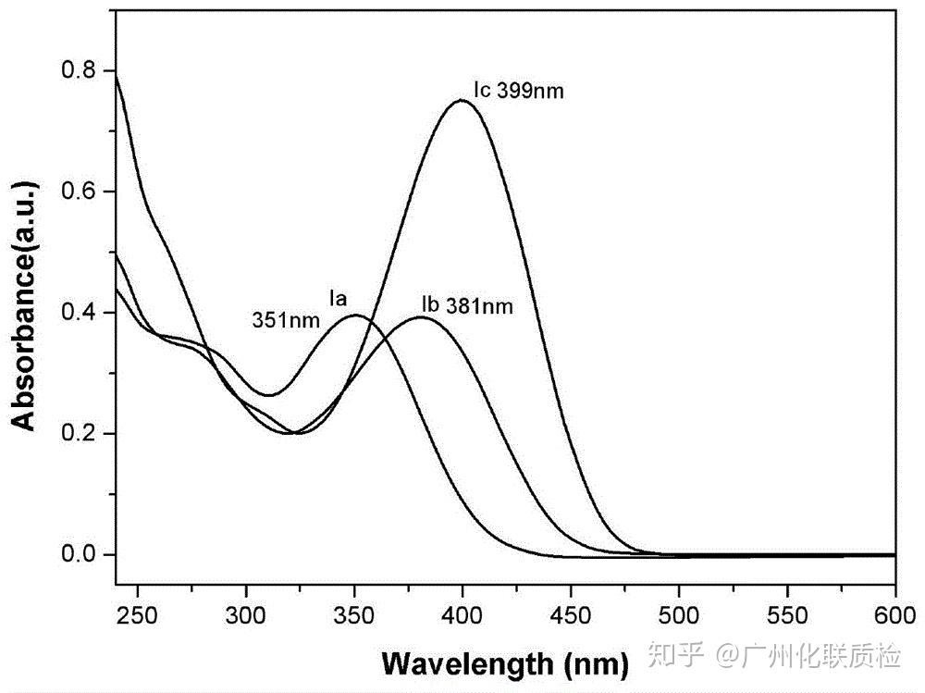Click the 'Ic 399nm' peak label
517,92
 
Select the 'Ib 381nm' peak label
466,305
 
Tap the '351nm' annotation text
287,321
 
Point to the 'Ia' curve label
339,298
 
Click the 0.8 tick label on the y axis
78,70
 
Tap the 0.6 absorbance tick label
78,192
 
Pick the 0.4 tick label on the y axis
78,313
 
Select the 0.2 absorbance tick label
78,434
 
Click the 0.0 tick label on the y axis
78,554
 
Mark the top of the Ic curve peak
461,100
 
